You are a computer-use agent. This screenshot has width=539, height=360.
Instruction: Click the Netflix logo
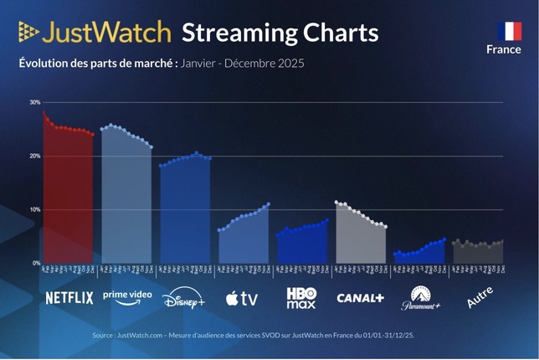tap(69, 298)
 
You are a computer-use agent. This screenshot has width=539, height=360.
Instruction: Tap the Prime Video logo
tap(127, 297)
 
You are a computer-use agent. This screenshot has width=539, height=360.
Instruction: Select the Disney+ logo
tap(184, 298)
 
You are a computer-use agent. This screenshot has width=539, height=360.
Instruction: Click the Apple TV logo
tap(243, 298)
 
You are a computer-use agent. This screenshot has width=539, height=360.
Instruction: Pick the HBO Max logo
tap(301, 297)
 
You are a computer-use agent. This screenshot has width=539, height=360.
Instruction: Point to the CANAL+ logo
tap(360, 298)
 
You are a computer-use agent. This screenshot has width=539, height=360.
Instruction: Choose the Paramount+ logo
tap(419, 298)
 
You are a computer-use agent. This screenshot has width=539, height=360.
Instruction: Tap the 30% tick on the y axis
tap(34, 102)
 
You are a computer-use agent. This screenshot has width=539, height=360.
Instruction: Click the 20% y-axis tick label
tap(34, 157)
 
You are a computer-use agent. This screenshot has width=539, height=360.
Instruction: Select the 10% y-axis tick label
tap(34, 209)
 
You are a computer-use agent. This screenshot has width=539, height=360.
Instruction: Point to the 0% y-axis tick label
tap(36, 263)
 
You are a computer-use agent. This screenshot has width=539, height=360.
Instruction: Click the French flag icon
tap(509, 31)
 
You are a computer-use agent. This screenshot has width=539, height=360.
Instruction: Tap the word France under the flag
tap(504, 49)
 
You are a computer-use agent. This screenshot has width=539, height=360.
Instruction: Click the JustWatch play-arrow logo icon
tap(28, 33)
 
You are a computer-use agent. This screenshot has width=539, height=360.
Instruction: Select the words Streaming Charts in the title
tap(280, 33)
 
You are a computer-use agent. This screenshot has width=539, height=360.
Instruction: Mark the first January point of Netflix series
tap(44, 111)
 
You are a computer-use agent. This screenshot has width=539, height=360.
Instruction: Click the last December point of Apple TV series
tap(269, 203)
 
